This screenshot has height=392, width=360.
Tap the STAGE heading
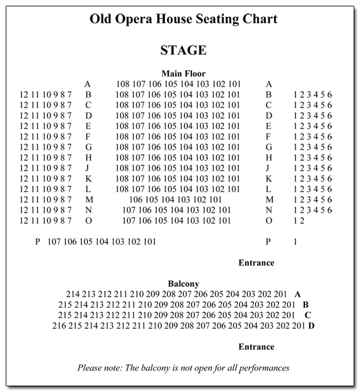pos(183,50)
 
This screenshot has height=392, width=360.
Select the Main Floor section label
pos(183,73)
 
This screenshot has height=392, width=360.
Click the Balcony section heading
pos(183,284)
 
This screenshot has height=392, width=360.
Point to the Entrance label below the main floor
pos(256,262)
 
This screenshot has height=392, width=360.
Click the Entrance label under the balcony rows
pos(256,346)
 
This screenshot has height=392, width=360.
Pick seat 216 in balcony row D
pos(59,326)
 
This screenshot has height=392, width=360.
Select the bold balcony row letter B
pos(306,305)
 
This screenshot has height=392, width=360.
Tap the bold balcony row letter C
pos(308,315)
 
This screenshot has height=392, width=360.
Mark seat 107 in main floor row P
pos(55,242)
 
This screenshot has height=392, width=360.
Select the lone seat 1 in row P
pos(295,242)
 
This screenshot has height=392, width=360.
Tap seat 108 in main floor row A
pos(123,84)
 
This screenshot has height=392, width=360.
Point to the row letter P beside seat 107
pos(38,242)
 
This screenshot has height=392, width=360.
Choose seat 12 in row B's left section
pos(24,95)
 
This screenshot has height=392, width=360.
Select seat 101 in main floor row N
pos(224,210)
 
